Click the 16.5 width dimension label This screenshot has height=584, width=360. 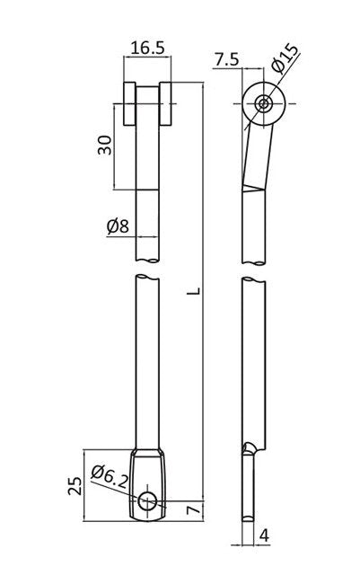[145, 48]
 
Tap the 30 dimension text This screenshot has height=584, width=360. [104, 146]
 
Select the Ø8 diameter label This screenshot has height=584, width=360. [118, 226]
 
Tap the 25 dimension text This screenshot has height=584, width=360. [76, 485]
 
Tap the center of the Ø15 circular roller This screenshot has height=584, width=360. [263, 104]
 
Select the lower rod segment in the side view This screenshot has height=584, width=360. [255, 359]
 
